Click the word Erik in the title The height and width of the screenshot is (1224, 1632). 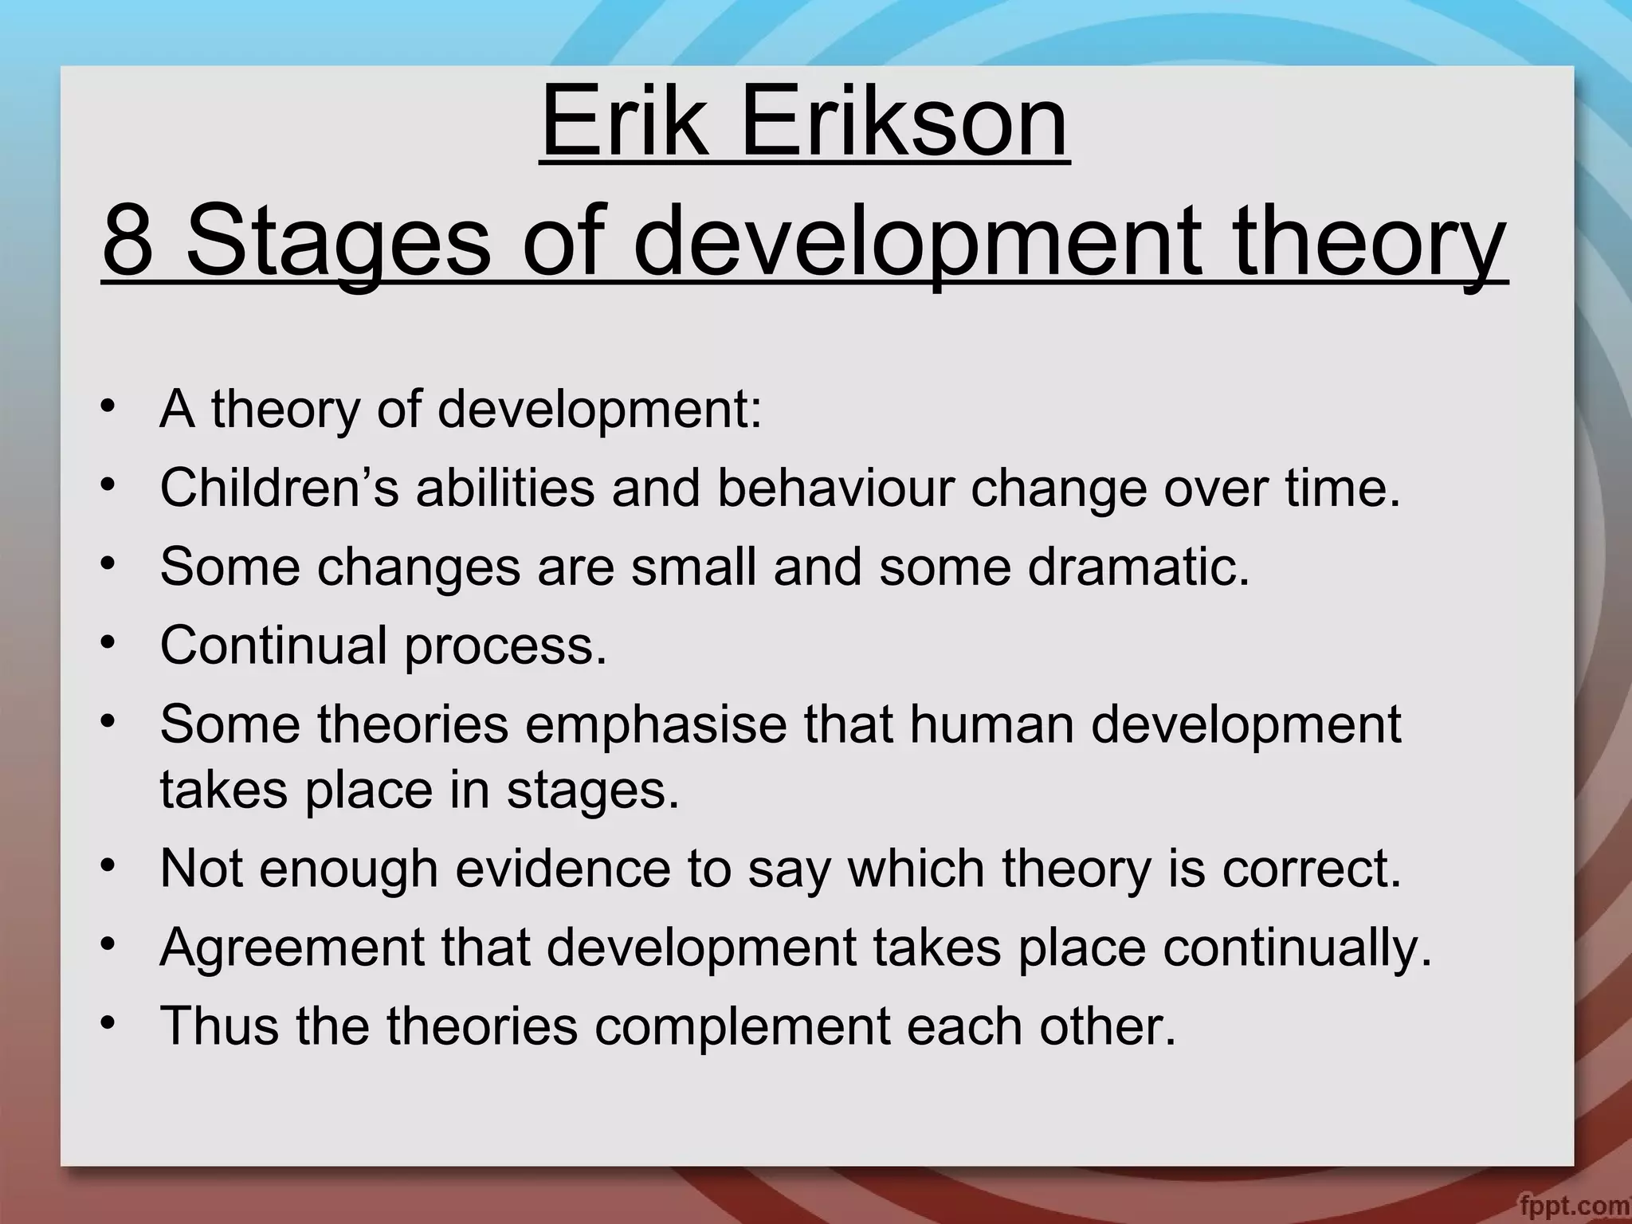[x=625, y=124]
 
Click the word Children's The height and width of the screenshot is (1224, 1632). [x=279, y=487]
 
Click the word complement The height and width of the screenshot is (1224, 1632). [x=742, y=1026]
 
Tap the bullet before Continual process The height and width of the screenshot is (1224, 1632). [x=109, y=641]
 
